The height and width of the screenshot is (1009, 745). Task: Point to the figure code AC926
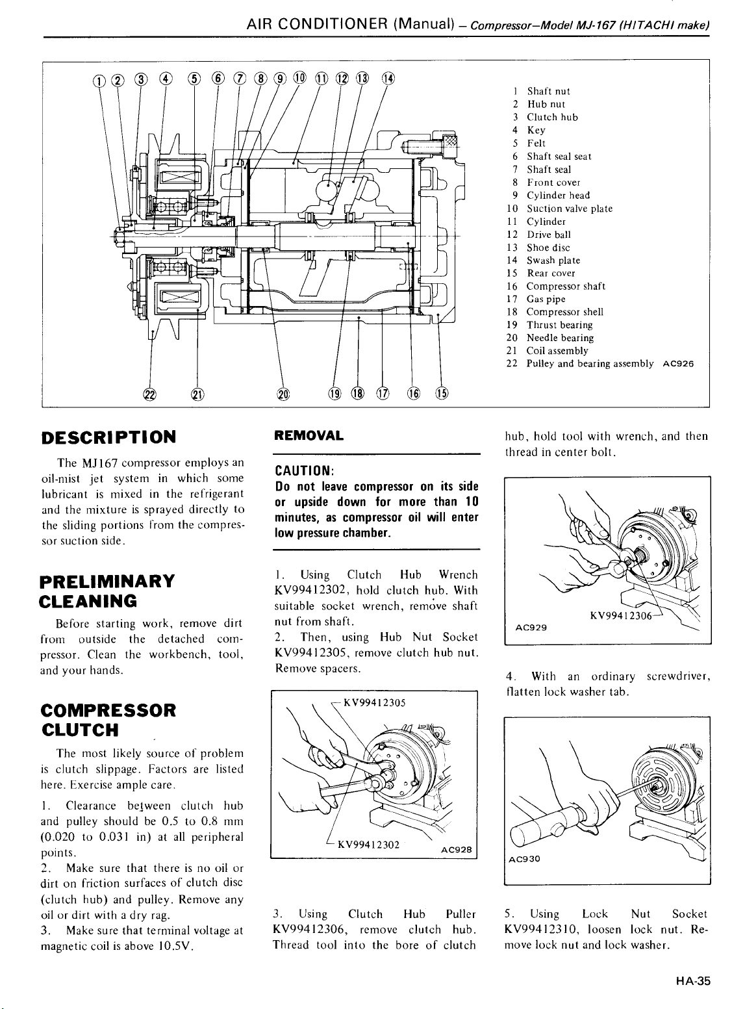[x=679, y=364]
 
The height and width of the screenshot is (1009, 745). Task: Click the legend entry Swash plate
[x=549, y=261]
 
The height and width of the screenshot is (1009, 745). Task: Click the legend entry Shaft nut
[x=548, y=92]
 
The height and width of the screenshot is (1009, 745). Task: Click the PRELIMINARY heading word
[x=107, y=581]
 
